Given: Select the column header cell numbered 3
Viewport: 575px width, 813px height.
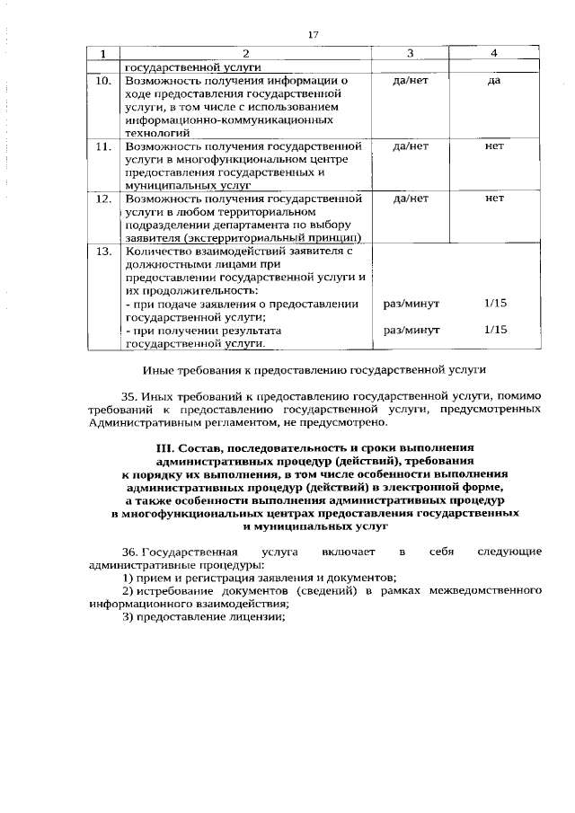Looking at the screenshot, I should pos(410,53).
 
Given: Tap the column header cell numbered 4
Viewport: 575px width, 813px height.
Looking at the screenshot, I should pos(493,53).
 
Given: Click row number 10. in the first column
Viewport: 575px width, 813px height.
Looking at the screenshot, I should pos(103,81).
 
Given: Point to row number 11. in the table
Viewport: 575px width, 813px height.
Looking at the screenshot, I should pos(103,146).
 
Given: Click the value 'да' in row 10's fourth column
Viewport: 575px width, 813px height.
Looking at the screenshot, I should pos(493,81).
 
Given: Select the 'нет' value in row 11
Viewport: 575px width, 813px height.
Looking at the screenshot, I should pos(493,146).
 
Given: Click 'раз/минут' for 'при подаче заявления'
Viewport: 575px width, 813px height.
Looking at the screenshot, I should pos(411,304).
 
